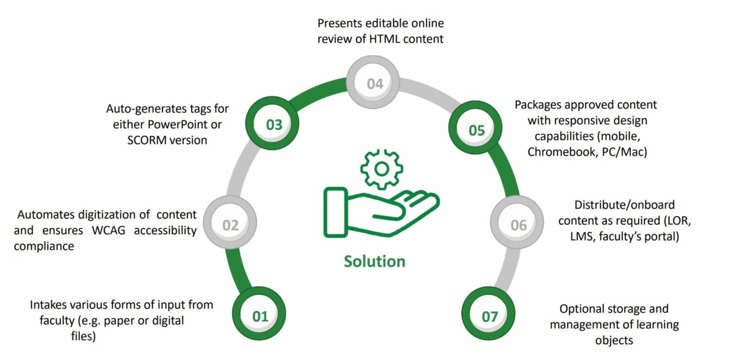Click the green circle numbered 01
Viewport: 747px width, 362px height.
pyautogui.click(x=260, y=316)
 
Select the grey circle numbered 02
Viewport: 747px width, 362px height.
pyautogui.click(x=230, y=225)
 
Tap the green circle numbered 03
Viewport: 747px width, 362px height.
pyautogui.click(x=274, y=124)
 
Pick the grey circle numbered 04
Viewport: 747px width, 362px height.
pyautogui.click(x=374, y=84)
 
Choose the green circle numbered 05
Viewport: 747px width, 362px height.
pyautogui.click(x=476, y=130)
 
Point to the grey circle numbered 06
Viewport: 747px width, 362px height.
pyautogui.click(x=518, y=225)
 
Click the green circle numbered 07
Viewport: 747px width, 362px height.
pyautogui.click(x=489, y=316)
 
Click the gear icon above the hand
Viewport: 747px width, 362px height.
pyautogui.click(x=382, y=168)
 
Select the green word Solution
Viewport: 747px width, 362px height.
pyautogui.click(x=374, y=261)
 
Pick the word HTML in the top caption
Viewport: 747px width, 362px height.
pyautogui.click(x=384, y=39)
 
